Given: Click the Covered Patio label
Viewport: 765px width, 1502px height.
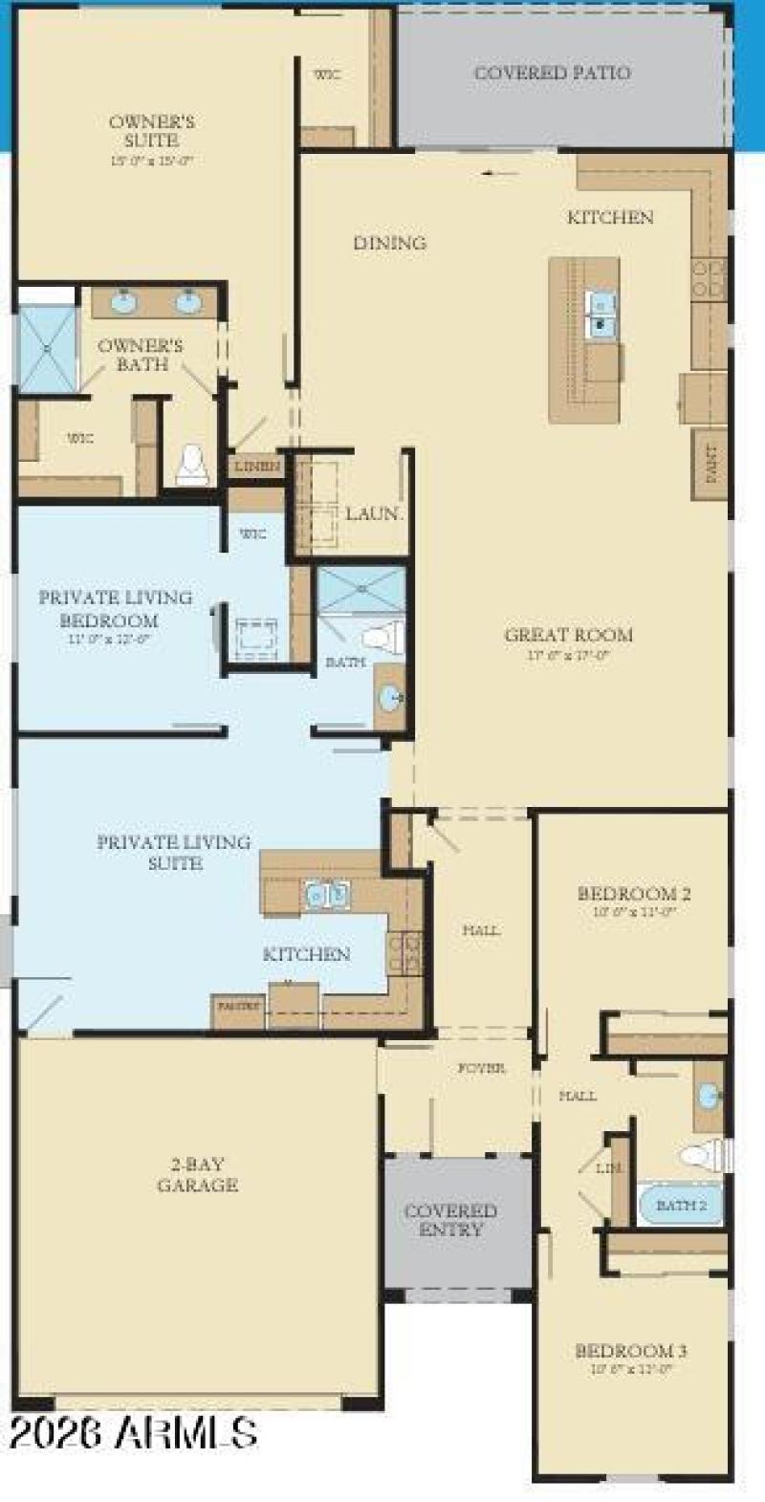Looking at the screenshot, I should tap(552, 73).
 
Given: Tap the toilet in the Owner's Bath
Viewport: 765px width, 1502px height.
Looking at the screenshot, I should tap(191, 465).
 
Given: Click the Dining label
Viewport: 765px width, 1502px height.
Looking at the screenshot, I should tap(389, 243).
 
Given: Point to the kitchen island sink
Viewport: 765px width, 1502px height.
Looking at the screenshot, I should tap(601, 316).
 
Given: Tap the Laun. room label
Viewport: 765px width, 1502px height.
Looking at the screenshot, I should tap(372, 513).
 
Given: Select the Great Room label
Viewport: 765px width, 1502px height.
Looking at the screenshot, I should tap(568, 635).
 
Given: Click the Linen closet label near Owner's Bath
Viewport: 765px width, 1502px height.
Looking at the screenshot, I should tap(256, 467).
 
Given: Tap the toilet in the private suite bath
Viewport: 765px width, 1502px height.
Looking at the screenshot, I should tap(384, 635).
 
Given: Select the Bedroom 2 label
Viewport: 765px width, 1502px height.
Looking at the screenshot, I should tap(633, 894).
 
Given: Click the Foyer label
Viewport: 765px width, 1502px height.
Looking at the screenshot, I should tap(481, 1068).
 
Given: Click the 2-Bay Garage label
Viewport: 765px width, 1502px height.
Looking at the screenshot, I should tap(198, 1175).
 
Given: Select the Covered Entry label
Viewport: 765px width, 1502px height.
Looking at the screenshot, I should tap(450, 1220).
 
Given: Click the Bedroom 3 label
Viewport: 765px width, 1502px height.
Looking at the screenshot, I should tap(630, 1351).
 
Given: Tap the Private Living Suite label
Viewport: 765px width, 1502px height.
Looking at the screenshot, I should tap(174, 852).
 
